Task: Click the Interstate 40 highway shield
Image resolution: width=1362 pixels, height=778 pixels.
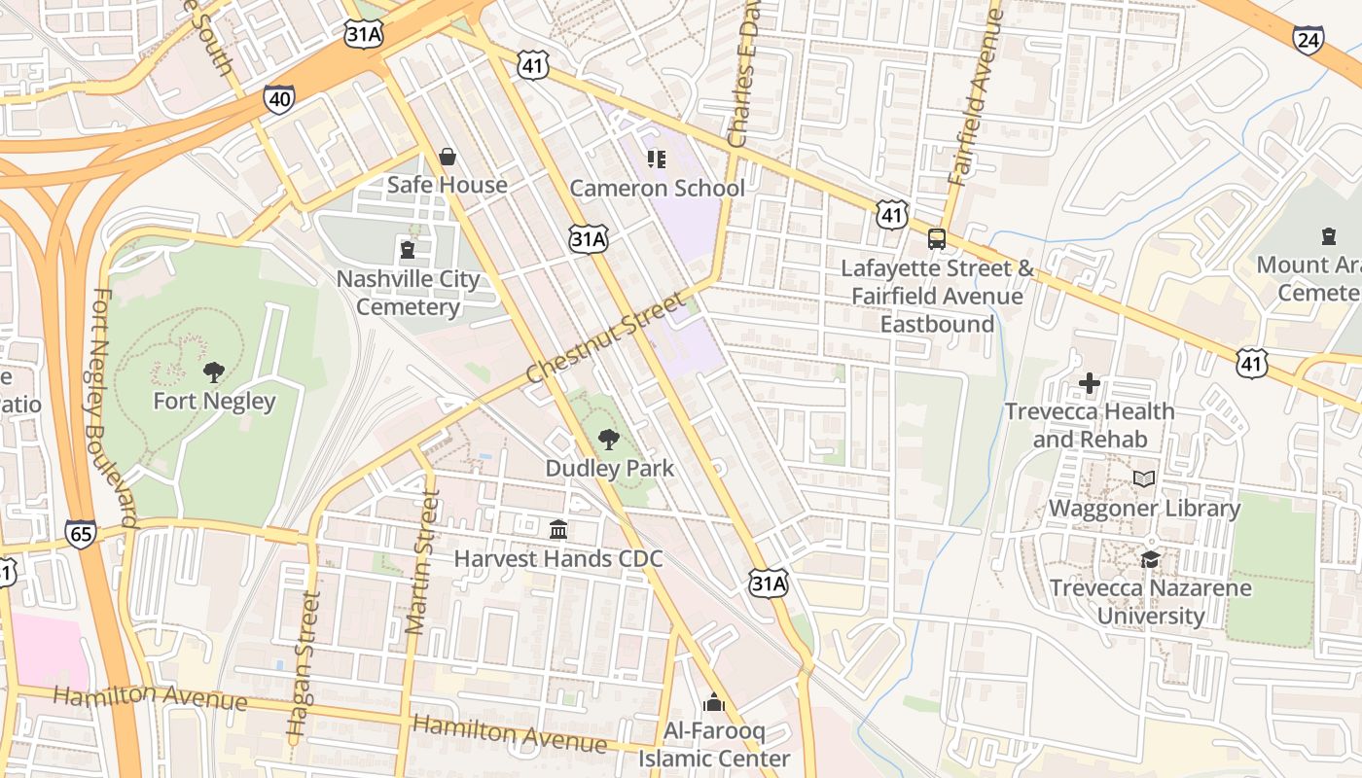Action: pos(279,98)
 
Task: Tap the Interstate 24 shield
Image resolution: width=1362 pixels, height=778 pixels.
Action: pos(1308,40)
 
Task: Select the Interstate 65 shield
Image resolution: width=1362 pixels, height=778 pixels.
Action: pos(82,533)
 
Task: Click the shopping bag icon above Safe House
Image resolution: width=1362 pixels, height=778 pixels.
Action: pos(448,157)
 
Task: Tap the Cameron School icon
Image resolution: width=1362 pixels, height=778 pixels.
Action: pos(657,159)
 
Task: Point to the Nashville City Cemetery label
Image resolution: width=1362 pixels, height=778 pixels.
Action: pos(408,293)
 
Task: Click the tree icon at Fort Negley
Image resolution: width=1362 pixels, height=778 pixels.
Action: pos(214,371)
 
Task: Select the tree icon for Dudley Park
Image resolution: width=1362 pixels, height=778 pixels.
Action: pos(609,440)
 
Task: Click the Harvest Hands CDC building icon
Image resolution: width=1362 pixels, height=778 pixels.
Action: pos(558,530)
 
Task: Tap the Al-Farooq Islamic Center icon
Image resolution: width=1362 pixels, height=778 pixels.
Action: pos(714,702)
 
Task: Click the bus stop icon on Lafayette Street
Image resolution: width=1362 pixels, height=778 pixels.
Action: pos(937,238)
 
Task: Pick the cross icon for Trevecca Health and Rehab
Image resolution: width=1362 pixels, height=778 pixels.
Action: pos(1090,383)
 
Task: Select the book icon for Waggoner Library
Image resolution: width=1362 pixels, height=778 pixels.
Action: pos(1144,479)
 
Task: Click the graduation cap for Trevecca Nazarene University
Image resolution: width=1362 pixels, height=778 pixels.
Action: pos(1150,559)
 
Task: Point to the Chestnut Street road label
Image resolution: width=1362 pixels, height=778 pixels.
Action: pos(605,336)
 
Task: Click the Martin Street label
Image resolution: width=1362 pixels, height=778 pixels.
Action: pos(421,561)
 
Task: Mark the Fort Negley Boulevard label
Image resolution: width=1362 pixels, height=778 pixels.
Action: pos(115,408)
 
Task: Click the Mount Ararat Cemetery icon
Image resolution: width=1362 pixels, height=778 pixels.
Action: pos(1328,235)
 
